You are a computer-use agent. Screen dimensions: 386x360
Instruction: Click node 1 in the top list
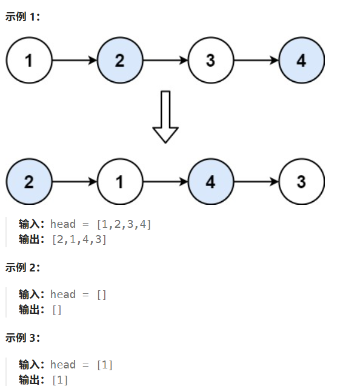coord(29,61)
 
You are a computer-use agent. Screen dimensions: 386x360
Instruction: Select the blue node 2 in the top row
coord(120,61)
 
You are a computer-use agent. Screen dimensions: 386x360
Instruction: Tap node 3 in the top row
coord(210,61)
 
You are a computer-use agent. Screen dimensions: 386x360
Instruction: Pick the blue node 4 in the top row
coord(301,61)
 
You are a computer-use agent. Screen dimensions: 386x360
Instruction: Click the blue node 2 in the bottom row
coord(29,182)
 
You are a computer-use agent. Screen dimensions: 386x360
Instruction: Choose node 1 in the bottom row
coord(120,182)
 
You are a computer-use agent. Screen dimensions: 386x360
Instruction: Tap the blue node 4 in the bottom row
coord(210,182)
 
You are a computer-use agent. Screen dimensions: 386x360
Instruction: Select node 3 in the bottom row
coord(301,182)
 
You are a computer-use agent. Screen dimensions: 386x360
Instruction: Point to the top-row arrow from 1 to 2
coord(75,61)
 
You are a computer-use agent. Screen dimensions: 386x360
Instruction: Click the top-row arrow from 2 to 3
coord(165,61)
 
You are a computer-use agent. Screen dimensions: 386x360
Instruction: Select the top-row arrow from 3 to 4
coord(256,61)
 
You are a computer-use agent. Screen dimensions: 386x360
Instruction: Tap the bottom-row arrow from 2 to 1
coord(75,182)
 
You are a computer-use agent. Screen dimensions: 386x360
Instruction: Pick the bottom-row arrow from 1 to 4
coord(165,182)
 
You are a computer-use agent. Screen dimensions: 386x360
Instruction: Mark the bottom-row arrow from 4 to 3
coord(256,182)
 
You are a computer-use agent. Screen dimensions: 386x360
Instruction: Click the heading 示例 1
coord(22,17)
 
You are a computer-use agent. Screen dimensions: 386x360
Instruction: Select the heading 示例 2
coord(22,267)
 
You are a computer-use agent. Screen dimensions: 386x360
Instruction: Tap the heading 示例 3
coord(22,337)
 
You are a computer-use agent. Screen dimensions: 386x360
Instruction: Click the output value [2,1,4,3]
coord(79,239)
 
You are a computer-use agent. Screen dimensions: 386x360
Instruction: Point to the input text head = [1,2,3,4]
coord(101,225)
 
